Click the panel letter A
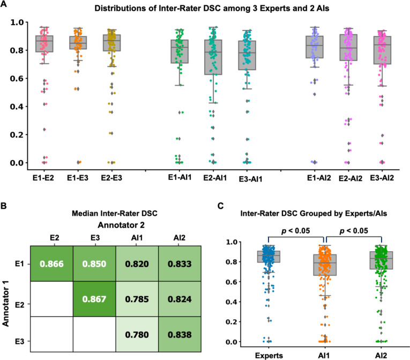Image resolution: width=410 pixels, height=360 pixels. [x=4, y=5]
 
